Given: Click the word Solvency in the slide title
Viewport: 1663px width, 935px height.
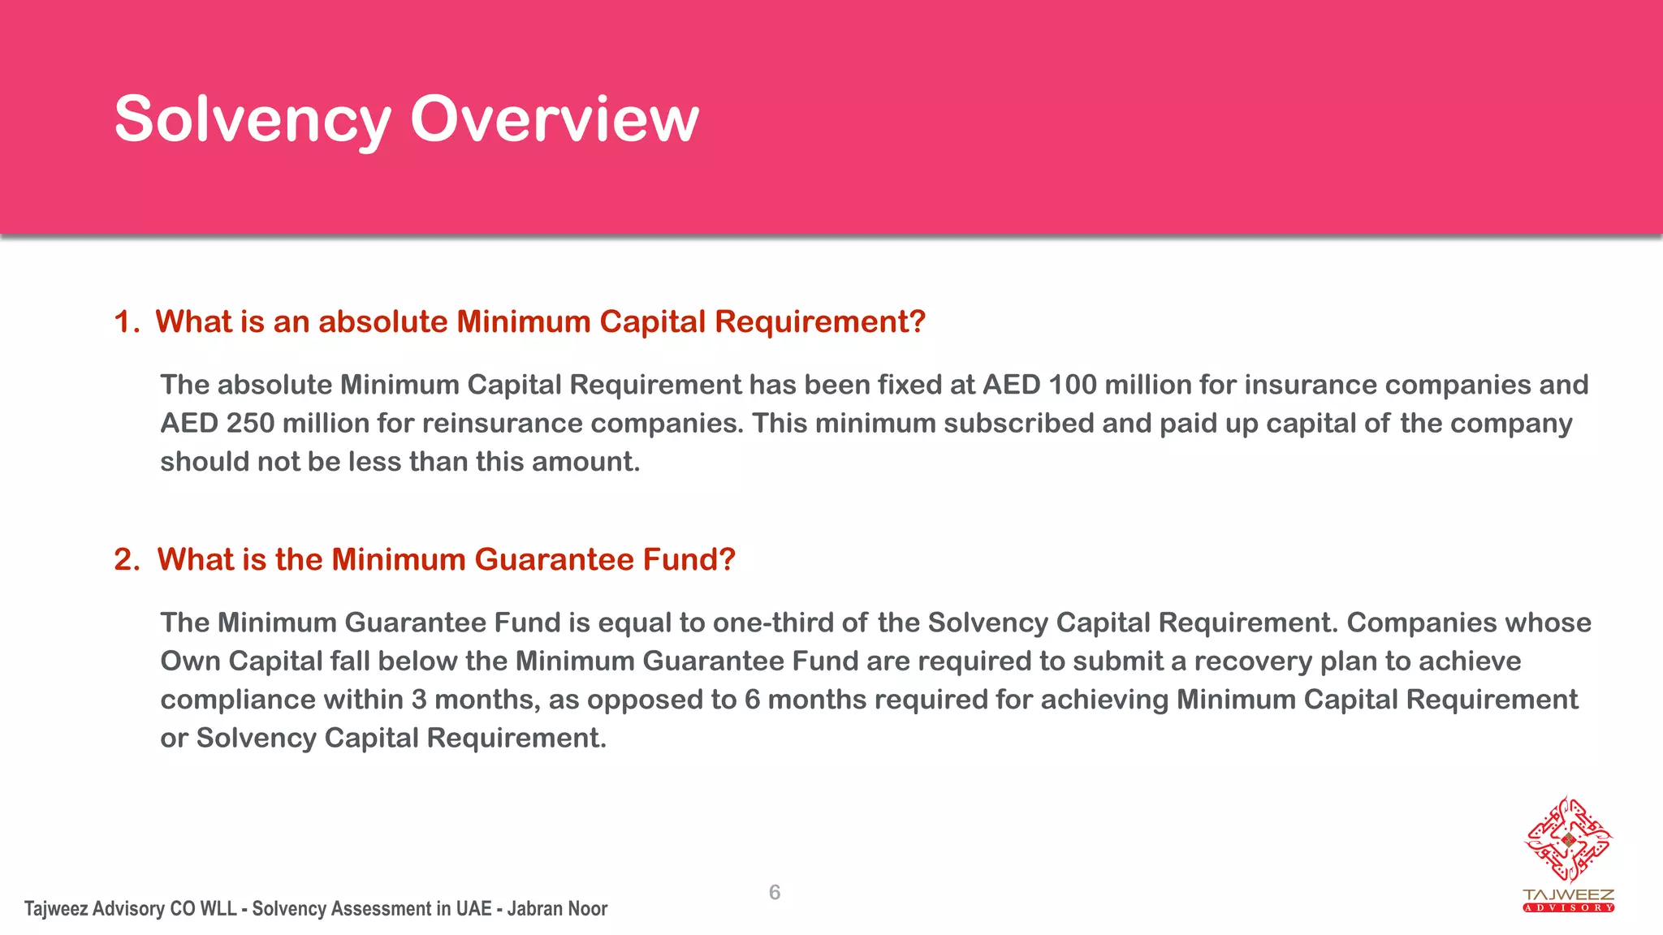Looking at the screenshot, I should coord(253,120).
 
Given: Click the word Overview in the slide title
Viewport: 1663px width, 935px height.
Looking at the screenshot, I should coord(554,120).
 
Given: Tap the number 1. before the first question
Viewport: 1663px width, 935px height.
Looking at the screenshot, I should coord(127,322).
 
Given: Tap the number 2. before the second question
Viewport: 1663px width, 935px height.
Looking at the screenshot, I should coord(127,560).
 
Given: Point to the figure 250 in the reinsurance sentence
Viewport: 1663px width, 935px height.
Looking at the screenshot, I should coord(250,424).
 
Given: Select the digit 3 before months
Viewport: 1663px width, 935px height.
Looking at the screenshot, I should coord(419,700).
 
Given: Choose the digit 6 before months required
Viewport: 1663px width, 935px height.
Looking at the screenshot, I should coord(752,700).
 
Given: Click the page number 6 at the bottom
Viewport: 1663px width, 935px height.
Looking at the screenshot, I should coord(775,893).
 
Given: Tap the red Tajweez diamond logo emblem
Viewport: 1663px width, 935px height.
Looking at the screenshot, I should coord(1568,840).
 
